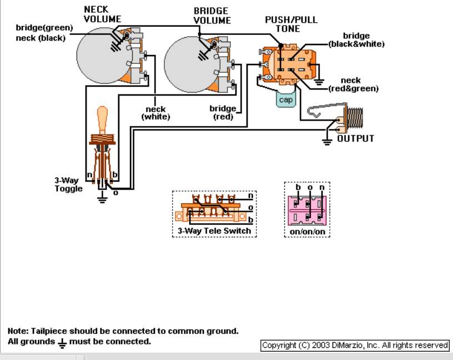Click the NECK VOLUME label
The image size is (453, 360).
coord(102,14)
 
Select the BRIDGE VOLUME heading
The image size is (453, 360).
coord(212,16)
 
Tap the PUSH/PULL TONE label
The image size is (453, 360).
coord(291,24)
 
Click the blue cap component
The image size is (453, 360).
coord(286,99)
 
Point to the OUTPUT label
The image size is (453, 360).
coord(356,138)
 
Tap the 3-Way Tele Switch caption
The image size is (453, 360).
coord(214,231)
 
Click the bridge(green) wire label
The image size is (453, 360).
coord(44,28)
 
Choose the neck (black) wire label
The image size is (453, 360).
coord(41,38)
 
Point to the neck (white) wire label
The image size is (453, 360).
coord(155,113)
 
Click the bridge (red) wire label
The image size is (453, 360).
coord(223,112)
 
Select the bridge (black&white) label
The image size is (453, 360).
coord(356,40)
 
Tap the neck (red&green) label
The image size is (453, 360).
coord(353,84)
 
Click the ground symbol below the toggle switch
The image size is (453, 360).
coord(102,199)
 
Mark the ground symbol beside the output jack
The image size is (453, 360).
coord(327,142)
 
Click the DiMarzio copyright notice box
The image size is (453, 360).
coord(355,345)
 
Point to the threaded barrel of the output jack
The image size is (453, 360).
coord(355,117)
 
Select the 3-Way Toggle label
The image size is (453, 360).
coord(68,184)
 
